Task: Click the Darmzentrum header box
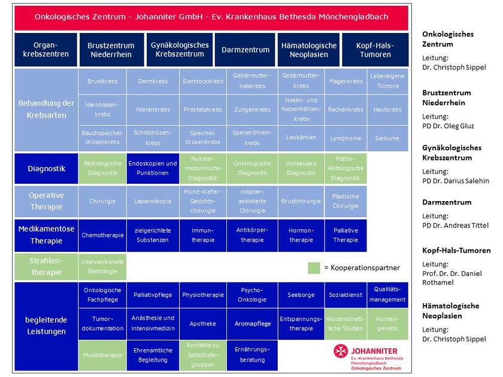coord(243,50)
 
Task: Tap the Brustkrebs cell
coord(102,81)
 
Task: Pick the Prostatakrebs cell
coord(202,110)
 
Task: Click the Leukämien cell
coord(301,138)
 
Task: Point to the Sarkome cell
coord(386,138)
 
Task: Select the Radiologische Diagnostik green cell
coord(102,168)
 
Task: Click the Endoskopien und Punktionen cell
coord(152,168)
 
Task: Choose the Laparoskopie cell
coord(152,201)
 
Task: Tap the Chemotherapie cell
coord(102,235)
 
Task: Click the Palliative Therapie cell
coord(346,235)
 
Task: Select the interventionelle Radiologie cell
coord(102,266)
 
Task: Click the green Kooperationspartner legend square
coord(314,267)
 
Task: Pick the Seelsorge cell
coord(301,294)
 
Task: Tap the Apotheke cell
coord(202,323)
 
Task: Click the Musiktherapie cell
coord(102,355)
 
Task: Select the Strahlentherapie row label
coord(46,266)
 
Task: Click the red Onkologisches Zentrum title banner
coord(211,17)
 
